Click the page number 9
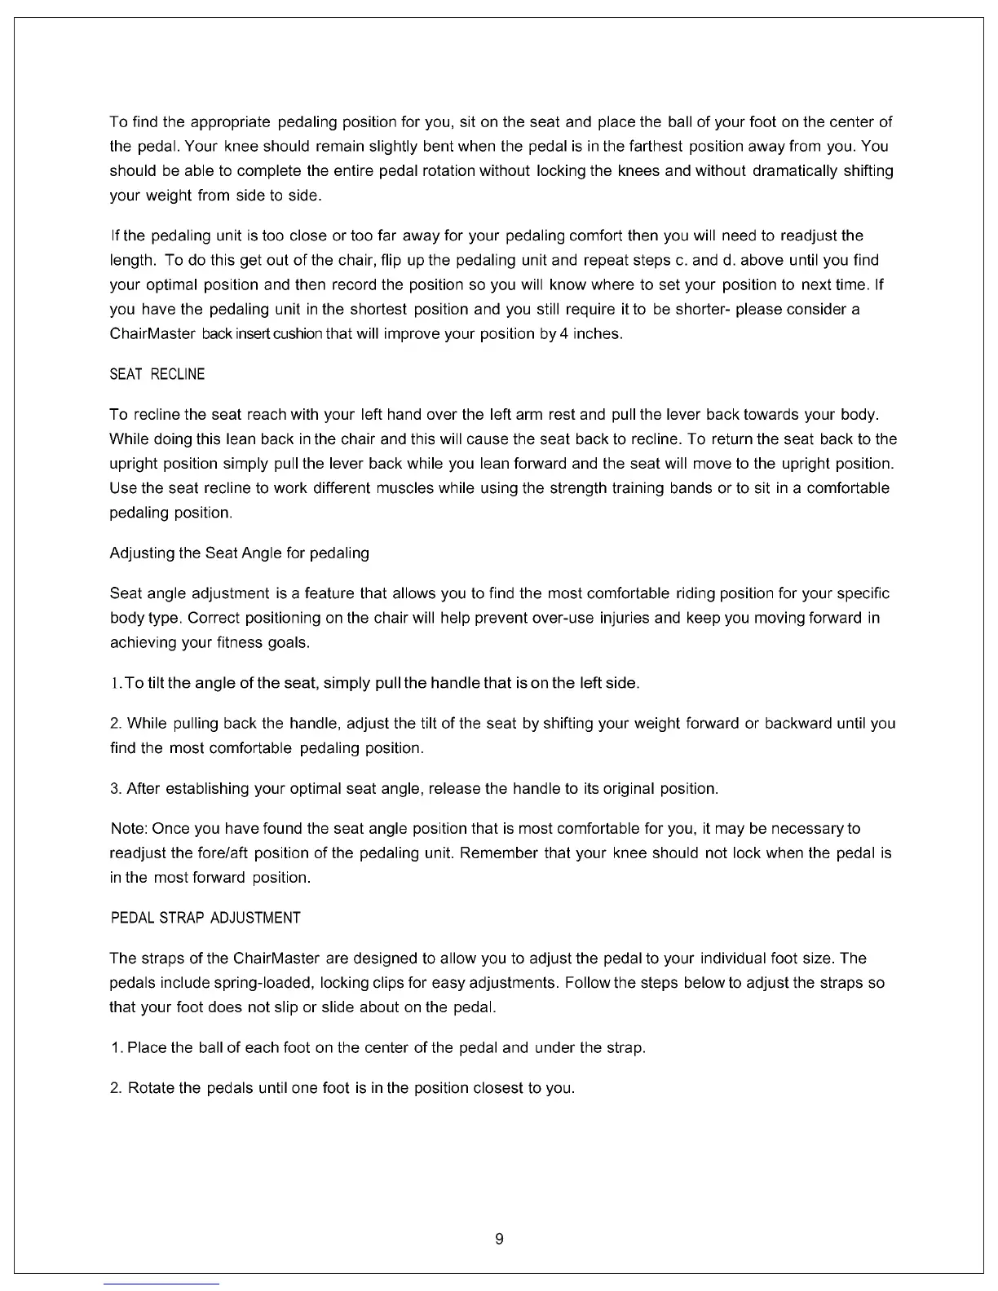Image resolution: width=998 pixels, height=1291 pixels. point(499,1240)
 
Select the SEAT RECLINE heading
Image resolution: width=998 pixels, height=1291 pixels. point(157,375)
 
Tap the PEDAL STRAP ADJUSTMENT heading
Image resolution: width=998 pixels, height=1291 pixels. point(205,919)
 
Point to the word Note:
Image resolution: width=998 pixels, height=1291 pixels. point(128,829)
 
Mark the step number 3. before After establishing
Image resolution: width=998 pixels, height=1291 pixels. point(116,789)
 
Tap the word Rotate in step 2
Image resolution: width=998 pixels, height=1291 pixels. point(152,1089)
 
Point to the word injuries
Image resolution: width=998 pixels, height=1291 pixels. point(623,618)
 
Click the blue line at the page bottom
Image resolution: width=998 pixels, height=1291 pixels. point(161,1284)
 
